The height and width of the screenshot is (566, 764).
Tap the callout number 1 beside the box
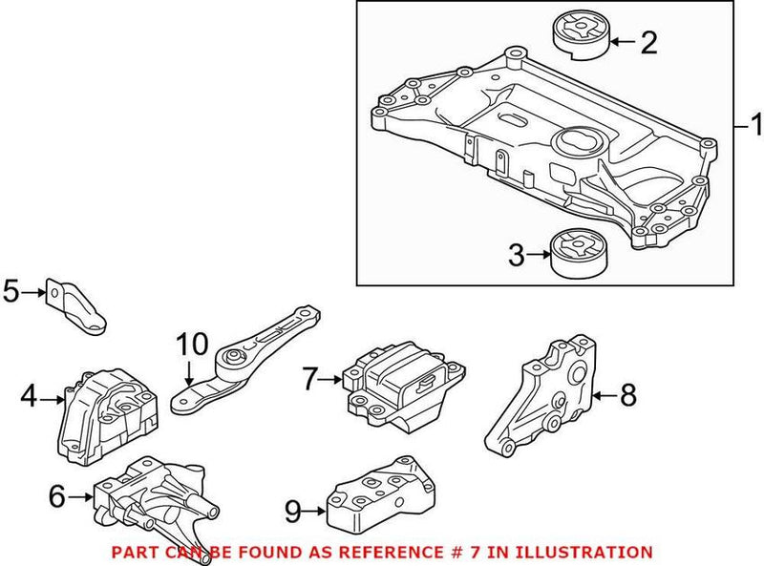point(754,124)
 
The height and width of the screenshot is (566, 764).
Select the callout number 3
point(517,255)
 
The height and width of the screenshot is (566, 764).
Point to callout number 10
point(191,345)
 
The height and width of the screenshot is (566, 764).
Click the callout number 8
point(627,394)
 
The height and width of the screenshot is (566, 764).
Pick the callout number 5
point(11,290)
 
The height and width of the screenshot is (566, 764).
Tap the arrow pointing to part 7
point(329,379)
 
